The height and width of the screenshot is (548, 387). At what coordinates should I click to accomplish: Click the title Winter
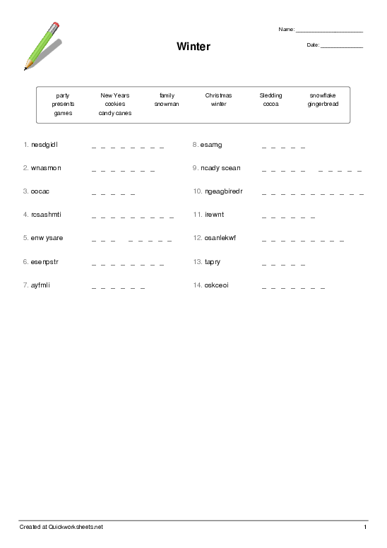point(194,47)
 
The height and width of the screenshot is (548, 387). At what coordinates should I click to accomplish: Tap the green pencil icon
point(42,46)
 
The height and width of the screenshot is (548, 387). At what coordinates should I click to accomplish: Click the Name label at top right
point(286,30)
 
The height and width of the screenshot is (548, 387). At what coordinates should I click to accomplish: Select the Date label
point(313,45)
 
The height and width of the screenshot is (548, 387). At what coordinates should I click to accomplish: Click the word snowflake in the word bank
point(323,95)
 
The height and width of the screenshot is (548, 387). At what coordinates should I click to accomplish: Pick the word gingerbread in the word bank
point(323,104)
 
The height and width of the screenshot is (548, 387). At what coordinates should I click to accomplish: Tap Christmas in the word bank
point(218,95)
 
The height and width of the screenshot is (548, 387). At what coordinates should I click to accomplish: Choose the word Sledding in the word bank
point(270,95)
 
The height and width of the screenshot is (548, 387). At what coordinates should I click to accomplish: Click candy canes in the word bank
point(115,113)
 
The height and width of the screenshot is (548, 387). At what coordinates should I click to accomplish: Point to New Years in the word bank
point(115,95)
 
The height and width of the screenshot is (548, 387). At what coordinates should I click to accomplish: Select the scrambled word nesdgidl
point(44,145)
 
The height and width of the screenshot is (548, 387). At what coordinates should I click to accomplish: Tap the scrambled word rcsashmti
point(47,214)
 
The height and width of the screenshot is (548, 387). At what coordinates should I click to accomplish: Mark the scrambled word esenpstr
point(44,261)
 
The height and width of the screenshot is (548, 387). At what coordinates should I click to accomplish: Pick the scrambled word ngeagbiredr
point(222,191)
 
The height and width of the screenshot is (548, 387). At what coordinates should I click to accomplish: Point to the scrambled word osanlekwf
point(220,238)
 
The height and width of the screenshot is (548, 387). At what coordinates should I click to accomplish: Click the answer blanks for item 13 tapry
point(283,264)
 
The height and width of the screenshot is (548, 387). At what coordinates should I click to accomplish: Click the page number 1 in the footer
point(365,528)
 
